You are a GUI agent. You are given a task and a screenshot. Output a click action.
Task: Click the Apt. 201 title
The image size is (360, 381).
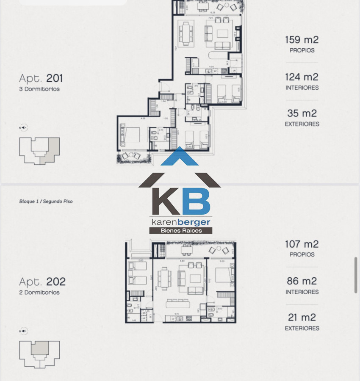[41, 78]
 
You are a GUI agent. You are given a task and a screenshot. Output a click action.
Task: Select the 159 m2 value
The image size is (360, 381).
[302, 40]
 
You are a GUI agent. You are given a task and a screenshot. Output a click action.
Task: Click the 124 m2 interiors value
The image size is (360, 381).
[302, 77]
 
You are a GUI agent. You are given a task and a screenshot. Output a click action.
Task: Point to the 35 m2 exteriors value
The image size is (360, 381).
[302, 113]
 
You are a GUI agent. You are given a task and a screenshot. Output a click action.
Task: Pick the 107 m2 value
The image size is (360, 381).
[302, 244]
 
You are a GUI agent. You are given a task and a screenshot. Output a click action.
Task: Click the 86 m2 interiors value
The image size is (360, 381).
[302, 281]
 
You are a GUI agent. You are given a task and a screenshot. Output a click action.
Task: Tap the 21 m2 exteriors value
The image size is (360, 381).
[302, 317]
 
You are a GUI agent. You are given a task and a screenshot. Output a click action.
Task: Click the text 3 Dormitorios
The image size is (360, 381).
[39, 89]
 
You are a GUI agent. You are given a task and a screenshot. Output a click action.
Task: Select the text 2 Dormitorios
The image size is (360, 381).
[39, 293]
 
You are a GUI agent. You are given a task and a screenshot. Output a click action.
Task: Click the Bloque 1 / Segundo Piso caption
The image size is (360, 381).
[46, 202]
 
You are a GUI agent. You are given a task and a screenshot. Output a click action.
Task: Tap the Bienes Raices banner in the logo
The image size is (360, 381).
[180, 231]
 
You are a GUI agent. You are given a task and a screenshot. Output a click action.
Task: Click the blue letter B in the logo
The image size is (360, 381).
[196, 202]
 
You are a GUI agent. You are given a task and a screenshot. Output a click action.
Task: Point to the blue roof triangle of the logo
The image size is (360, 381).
[180, 157]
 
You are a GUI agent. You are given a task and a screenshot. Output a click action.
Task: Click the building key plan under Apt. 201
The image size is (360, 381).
[39, 151]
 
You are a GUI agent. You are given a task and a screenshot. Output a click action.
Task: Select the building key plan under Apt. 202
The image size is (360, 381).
[39, 354]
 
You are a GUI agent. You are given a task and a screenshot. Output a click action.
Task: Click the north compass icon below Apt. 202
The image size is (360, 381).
[23, 331]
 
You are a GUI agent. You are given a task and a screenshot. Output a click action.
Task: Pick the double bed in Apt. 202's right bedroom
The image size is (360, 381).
[224, 276]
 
